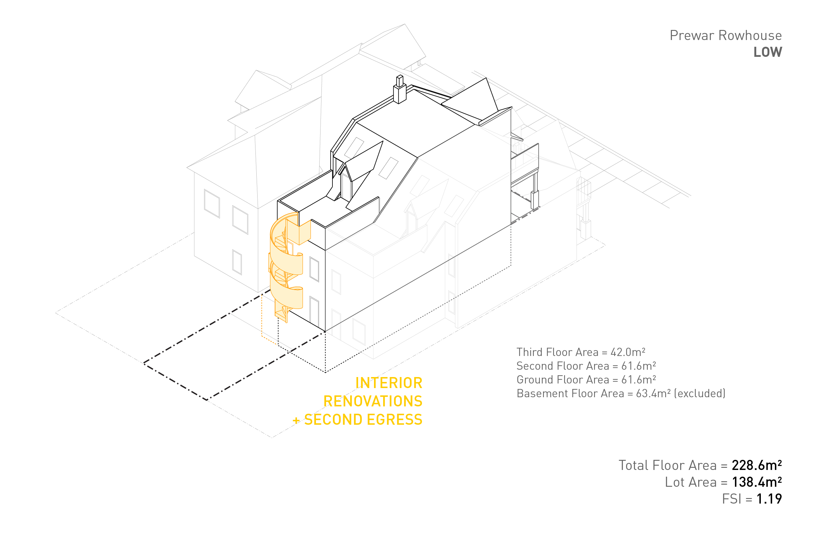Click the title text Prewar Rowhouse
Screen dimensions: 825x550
pos(725,36)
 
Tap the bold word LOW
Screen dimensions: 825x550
pos(768,52)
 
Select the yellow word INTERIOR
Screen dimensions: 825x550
pos(389,383)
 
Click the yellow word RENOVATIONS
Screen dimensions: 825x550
pos(372,401)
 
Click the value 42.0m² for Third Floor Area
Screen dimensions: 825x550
pos(628,352)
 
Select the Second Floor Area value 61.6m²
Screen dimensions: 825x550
pos(638,366)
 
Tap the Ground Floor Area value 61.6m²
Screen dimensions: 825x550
pos(638,380)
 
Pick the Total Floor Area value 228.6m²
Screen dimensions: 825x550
pos(756,465)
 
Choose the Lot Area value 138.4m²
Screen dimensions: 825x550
pos(756,482)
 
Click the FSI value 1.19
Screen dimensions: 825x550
pos(769,499)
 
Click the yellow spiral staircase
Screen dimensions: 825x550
pos(287,266)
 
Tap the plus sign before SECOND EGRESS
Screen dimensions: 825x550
pos(296,420)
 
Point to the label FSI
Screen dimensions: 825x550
pos(731,499)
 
